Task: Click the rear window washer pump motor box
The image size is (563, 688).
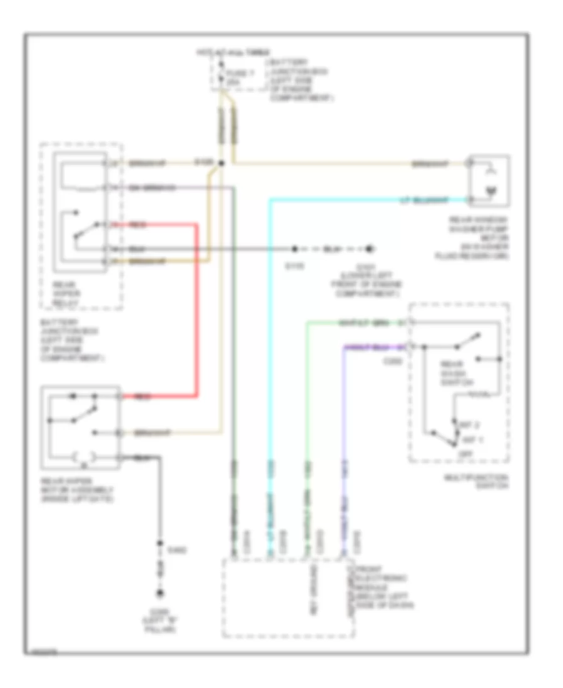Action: pyautogui.click(x=490, y=181)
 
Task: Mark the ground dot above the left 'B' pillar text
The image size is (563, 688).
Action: pyautogui.click(x=160, y=592)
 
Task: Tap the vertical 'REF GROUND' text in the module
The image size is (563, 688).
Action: pyautogui.click(x=311, y=588)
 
